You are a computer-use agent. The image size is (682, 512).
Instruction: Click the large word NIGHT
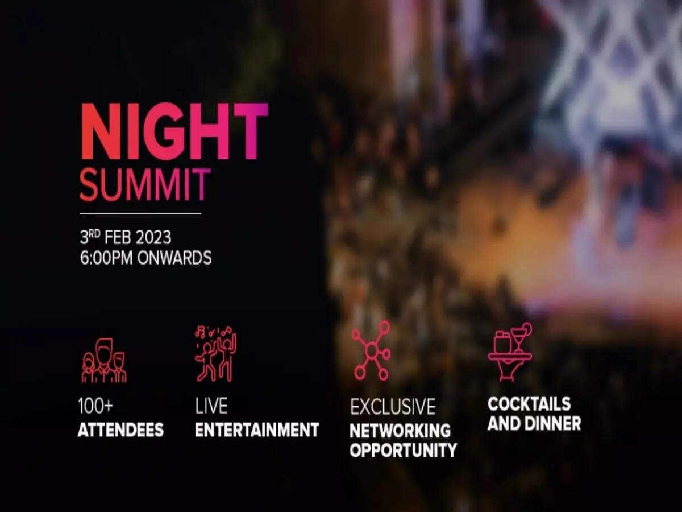(174, 131)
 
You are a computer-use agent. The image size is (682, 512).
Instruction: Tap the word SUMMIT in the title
(145, 185)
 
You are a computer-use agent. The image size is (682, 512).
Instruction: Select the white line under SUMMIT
(140, 213)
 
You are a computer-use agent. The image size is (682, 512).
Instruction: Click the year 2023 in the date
(153, 238)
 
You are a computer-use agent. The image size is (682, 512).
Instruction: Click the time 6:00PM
(106, 258)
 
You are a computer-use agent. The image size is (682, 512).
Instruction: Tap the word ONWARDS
(174, 258)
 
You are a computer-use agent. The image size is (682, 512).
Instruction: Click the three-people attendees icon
(104, 360)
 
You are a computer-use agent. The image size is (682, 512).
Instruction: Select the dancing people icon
(215, 354)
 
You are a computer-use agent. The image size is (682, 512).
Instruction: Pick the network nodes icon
(371, 350)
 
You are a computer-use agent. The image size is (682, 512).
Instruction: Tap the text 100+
(95, 406)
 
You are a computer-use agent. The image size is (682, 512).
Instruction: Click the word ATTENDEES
(121, 430)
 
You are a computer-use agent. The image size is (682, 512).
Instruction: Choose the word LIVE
(211, 406)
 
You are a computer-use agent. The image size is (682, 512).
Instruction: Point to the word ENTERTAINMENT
(257, 430)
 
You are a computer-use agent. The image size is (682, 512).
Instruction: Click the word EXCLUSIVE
(393, 407)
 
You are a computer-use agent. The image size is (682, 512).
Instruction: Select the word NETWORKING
(400, 431)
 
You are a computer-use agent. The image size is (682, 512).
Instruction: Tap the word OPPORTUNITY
(404, 450)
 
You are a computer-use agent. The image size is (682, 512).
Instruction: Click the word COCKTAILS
(529, 404)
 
